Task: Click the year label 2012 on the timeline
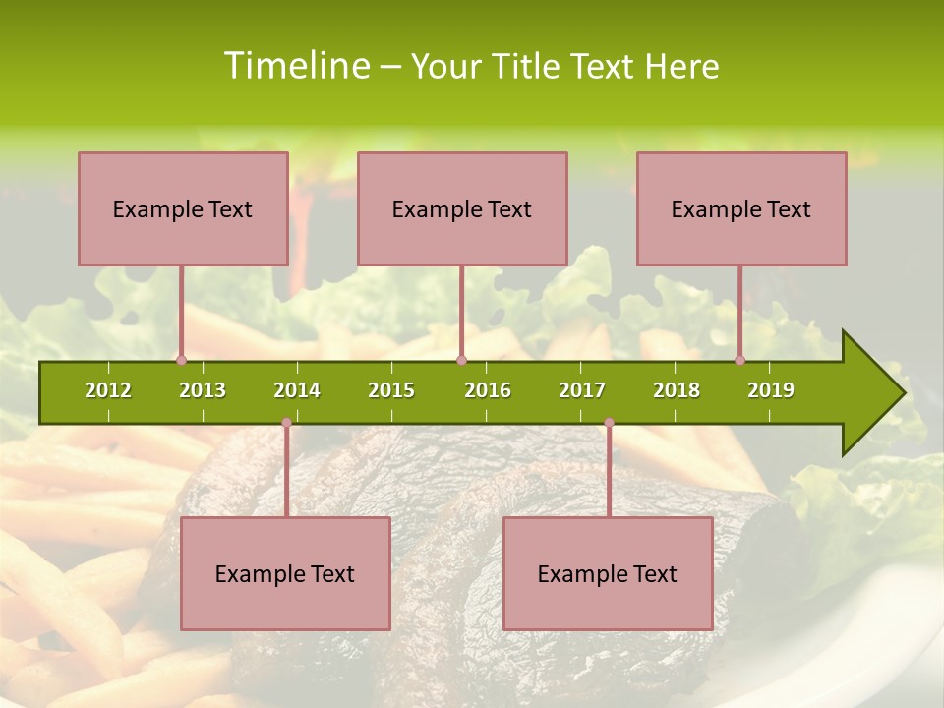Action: click(x=108, y=390)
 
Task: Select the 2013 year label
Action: click(x=203, y=390)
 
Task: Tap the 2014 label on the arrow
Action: click(x=297, y=390)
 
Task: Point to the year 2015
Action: click(x=391, y=390)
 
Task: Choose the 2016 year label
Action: click(x=488, y=390)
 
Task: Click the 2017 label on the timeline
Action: click(x=582, y=390)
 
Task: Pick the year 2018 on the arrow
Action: click(x=677, y=390)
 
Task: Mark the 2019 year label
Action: click(x=771, y=390)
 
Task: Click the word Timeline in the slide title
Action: click(x=294, y=66)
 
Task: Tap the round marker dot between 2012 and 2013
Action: click(x=181, y=360)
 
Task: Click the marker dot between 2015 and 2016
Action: click(x=461, y=360)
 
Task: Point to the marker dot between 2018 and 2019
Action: click(x=739, y=360)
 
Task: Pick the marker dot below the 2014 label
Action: click(x=286, y=423)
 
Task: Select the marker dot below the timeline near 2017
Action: click(x=609, y=423)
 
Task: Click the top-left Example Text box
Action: click(x=183, y=208)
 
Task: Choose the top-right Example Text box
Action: click(x=741, y=208)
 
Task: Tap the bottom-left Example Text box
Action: click(x=285, y=573)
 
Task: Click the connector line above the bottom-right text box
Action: click(x=609, y=472)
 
